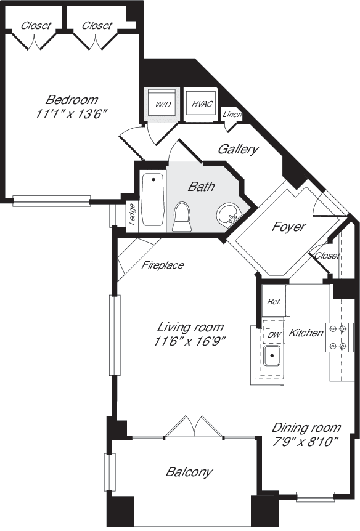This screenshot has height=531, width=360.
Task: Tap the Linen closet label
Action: pos(232,115)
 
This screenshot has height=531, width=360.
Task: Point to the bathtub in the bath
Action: pos(152,200)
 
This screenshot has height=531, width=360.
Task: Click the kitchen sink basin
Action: pos(271,355)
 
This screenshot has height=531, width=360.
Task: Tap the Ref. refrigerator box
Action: pos(274,302)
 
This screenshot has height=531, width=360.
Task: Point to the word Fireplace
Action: pos(163,265)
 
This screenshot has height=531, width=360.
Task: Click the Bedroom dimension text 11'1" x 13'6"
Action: pos(72,113)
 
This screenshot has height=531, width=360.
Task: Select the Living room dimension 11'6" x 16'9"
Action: pos(189,341)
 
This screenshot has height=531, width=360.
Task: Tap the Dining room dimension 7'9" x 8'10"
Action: pos(306,441)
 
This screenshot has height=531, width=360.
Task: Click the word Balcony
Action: pos(189,472)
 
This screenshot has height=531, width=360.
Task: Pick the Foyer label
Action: pos(288,227)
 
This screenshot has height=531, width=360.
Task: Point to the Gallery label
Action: pos(238,149)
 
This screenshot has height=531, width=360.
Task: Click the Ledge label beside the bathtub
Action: pos(131,214)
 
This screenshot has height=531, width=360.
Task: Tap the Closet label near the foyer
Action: pos(327,256)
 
